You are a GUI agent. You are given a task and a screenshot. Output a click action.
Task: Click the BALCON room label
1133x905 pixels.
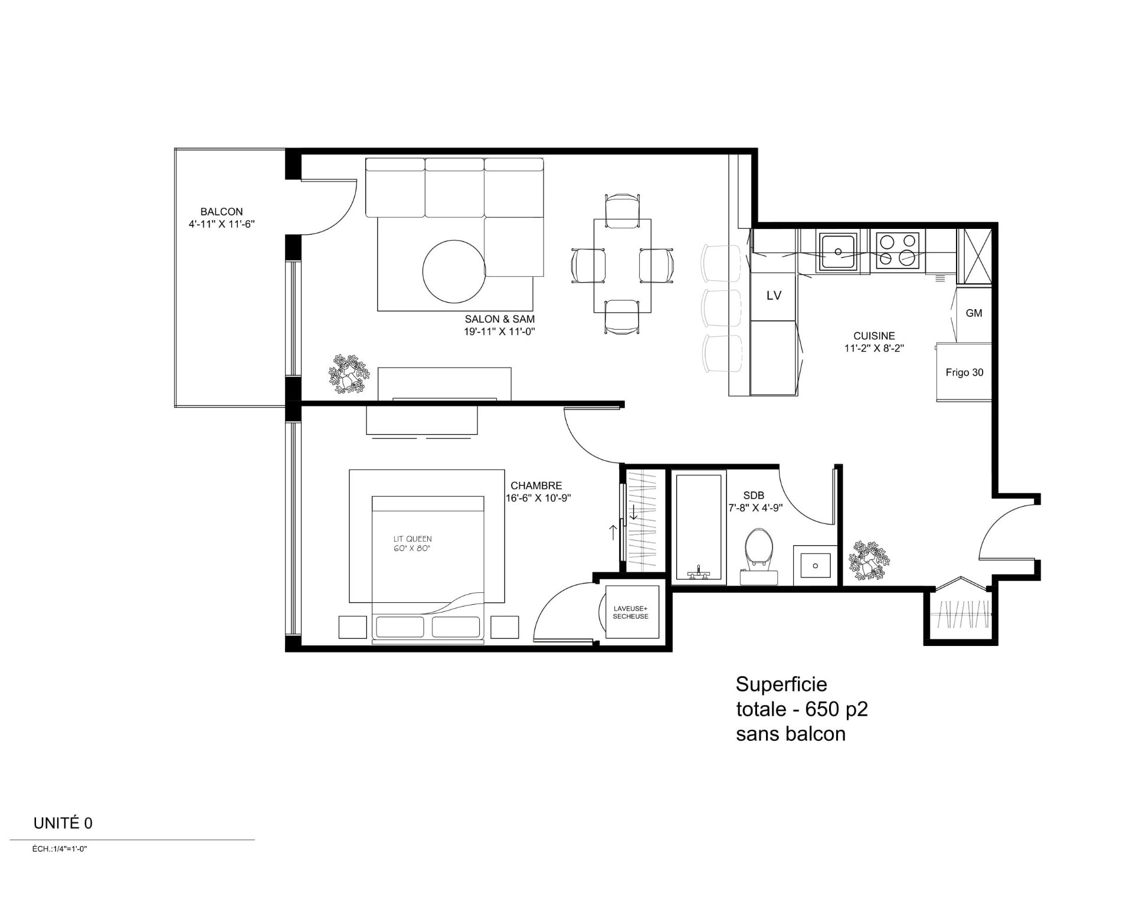[221, 211]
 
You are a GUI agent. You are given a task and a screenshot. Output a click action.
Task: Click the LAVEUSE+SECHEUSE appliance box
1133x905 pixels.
[630, 612]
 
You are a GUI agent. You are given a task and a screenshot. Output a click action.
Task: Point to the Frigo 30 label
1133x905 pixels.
[964, 372]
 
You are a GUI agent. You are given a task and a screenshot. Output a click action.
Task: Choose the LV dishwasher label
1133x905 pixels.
[774, 296]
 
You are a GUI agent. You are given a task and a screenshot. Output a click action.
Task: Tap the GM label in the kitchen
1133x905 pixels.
[974, 313]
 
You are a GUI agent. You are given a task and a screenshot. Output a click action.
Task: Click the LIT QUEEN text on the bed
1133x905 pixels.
[412, 539]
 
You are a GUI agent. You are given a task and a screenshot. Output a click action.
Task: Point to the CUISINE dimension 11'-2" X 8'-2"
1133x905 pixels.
[874, 348]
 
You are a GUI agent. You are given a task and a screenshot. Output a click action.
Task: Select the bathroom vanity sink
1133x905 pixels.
[815, 565]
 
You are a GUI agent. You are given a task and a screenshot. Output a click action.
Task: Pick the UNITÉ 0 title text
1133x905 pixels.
[63, 823]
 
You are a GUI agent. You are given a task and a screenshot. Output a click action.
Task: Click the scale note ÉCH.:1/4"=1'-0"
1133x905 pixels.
[60, 850]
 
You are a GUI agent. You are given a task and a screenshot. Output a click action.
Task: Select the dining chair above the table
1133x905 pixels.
[622, 207]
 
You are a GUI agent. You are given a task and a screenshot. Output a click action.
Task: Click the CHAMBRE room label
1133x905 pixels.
[536, 486]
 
